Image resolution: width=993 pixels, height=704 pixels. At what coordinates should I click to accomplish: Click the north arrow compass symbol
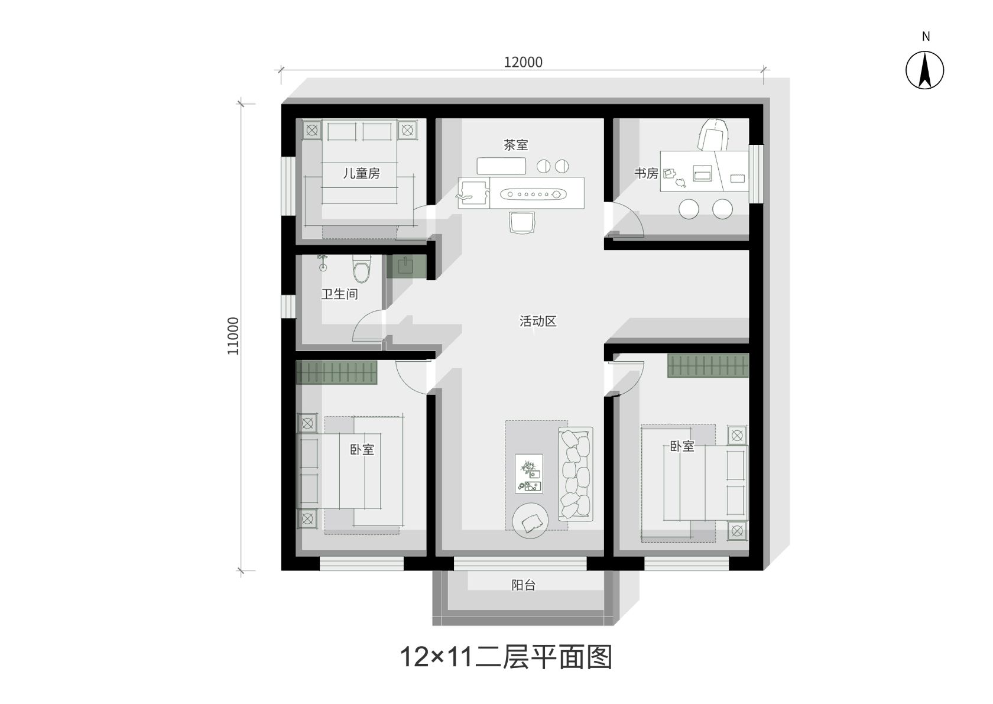click(x=924, y=70)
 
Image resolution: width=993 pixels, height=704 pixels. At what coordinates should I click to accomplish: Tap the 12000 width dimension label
click(x=523, y=63)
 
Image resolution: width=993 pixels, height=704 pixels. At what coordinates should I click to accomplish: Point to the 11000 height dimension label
click(x=233, y=336)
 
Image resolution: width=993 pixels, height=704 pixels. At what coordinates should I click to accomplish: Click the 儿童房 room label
click(x=361, y=173)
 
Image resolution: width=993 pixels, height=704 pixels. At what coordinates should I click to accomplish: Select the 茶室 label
click(x=515, y=145)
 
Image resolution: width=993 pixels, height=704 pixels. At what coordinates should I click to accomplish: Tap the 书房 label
click(x=647, y=173)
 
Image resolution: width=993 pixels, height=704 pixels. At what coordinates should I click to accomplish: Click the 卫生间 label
click(x=339, y=294)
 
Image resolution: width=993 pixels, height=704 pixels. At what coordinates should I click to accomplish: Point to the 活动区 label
click(x=538, y=321)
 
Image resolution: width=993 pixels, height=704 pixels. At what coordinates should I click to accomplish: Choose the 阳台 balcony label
click(x=524, y=585)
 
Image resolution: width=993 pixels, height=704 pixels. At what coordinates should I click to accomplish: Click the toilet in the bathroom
click(x=361, y=268)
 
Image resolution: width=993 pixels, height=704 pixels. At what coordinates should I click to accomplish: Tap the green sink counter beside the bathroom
click(x=406, y=266)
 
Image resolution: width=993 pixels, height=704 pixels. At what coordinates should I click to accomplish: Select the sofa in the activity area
click(x=576, y=474)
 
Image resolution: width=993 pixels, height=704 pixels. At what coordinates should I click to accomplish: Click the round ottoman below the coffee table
click(x=530, y=520)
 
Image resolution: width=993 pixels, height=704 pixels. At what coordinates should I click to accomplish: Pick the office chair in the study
click(x=713, y=134)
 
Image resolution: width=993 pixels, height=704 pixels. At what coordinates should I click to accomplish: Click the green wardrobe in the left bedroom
click(x=336, y=372)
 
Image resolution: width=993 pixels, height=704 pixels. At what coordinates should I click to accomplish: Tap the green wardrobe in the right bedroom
click(x=708, y=366)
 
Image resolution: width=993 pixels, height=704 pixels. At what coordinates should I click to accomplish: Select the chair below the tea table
click(x=522, y=222)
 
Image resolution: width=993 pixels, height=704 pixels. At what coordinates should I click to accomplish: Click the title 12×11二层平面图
click(x=506, y=657)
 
